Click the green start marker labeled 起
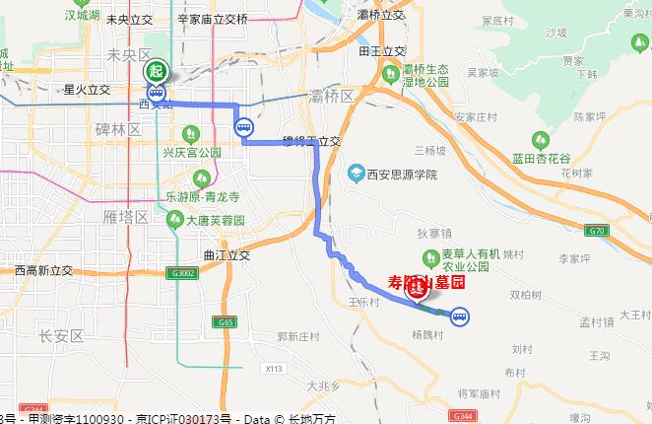click(x=157, y=70)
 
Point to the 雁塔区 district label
click(x=127, y=216)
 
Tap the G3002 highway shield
click(x=183, y=273)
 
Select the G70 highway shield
click(x=620, y=231)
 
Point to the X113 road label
click(x=274, y=369)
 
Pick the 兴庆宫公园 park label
click(x=192, y=154)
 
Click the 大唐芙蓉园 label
click(x=217, y=221)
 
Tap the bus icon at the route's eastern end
click(x=460, y=317)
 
